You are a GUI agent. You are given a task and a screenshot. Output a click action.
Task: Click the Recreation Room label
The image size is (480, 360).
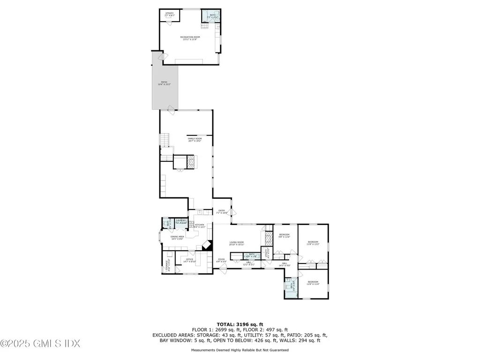pos(189,38)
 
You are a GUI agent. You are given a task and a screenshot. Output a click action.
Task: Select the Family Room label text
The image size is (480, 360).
pos(195,139)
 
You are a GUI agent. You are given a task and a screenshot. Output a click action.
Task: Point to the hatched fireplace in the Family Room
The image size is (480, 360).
pos(191,162)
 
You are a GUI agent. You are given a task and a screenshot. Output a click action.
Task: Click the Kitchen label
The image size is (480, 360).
pos(200,226)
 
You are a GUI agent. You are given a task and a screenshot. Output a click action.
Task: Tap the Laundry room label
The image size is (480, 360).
pos(181,222)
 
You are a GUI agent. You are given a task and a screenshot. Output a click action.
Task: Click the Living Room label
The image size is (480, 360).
pos(237,243)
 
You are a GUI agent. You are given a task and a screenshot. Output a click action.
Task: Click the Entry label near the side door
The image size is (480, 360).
pos(221,212)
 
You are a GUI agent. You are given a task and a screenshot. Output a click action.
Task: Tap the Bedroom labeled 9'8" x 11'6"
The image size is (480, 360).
pos(285,236)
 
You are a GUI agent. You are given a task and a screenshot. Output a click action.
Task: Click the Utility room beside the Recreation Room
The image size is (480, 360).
pos(169,15)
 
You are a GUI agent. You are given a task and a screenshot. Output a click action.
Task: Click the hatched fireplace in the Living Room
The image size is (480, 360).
pos(269,238)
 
